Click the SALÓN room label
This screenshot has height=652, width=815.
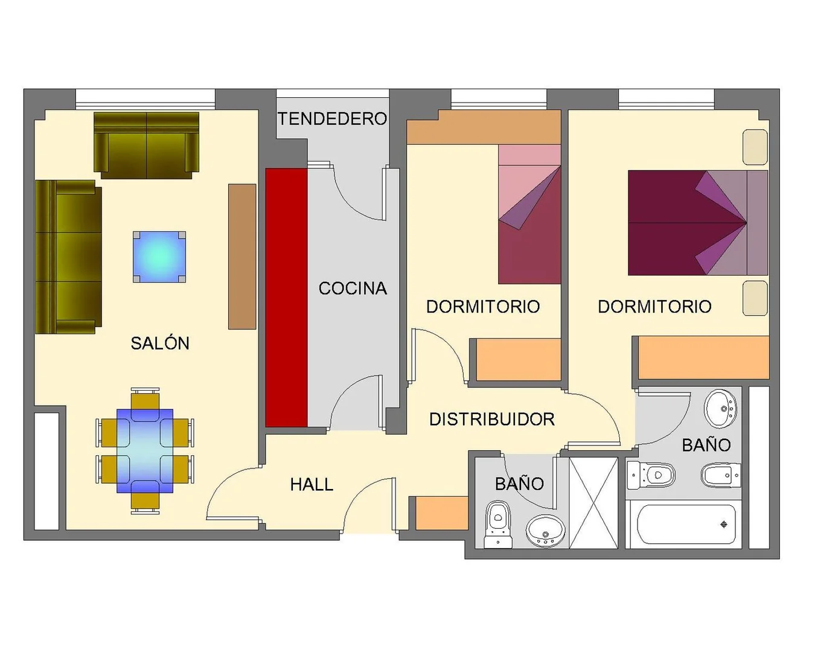(160, 344)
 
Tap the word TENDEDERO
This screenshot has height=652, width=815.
(333, 119)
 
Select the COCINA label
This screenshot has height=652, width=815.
(353, 289)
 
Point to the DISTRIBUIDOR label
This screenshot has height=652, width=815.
(492, 419)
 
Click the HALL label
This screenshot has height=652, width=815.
(312, 485)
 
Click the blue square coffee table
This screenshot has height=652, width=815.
(159, 257)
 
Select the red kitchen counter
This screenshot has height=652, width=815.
(286, 298)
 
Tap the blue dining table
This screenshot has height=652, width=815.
(145, 451)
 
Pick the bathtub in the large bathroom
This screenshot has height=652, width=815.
(686, 525)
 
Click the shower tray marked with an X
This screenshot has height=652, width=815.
(593, 503)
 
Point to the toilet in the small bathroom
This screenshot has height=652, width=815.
(498, 525)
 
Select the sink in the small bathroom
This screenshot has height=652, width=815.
(545, 531)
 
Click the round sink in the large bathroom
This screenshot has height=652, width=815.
(720, 409)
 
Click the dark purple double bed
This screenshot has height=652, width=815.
(698, 223)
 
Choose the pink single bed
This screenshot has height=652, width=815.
(529, 214)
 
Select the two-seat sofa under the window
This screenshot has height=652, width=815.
(146, 145)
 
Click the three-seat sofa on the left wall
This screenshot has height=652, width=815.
(69, 257)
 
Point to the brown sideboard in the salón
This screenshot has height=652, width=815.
(242, 257)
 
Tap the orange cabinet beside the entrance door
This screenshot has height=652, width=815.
(442, 513)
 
